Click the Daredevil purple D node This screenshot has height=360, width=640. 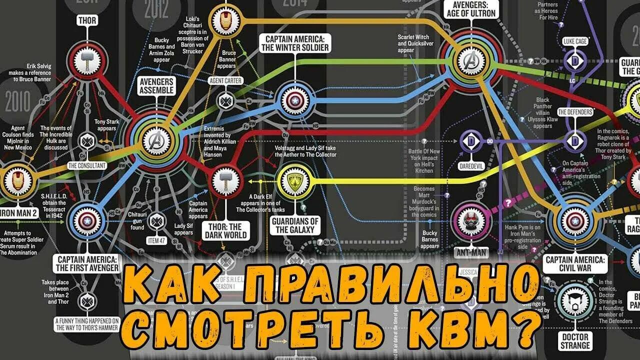470,141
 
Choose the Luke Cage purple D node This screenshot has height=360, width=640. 574,60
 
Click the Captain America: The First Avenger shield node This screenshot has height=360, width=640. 88,219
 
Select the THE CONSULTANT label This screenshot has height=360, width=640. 86,165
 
